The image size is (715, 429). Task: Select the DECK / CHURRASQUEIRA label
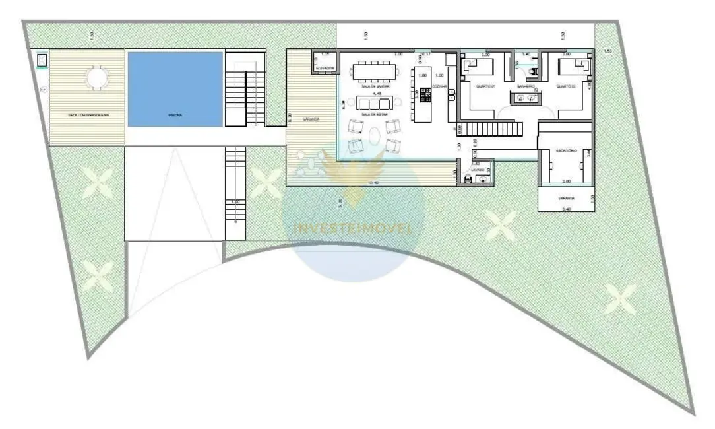[x=88, y=115]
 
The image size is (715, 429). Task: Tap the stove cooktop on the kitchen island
[x=425, y=97]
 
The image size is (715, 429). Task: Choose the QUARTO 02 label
[x=567, y=86]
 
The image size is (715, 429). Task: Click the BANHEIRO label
[x=525, y=86]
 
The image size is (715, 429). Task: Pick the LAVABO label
[x=478, y=170]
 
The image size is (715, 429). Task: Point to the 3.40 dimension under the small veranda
[x=567, y=209]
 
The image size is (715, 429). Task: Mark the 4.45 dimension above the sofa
[x=377, y=94]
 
